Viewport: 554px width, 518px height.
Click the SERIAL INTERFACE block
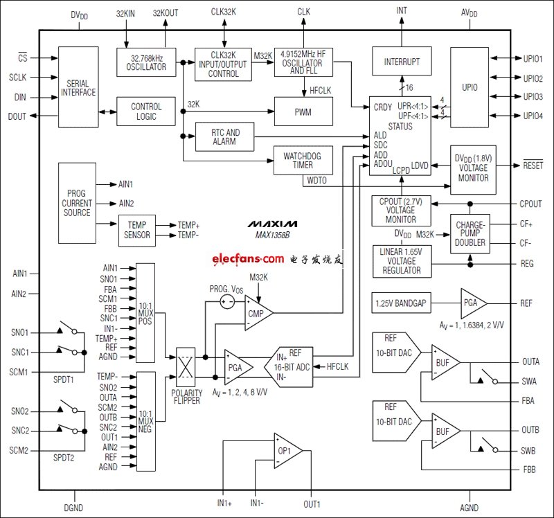click(x=78, y=87)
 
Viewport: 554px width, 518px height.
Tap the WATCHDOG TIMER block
click(x=303, y=161)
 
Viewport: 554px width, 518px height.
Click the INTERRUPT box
click(x=402, y=62)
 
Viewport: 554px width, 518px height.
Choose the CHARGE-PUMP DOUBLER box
click(x=470, y=235)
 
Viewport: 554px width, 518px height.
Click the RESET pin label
click(x=533, y=166)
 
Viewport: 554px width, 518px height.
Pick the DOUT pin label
click(x=17, y=116)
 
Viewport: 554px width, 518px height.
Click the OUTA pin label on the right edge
click(x=530, y=361)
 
